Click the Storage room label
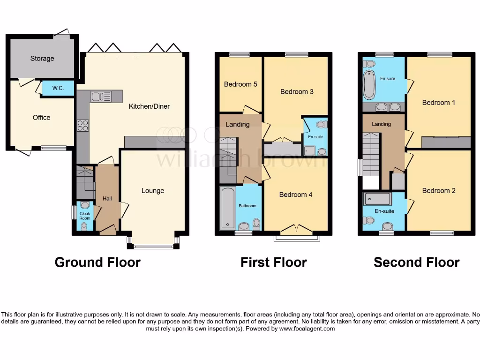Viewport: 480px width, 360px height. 42,59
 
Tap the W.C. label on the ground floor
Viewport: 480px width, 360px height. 58,88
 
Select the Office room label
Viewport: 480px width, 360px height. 41,118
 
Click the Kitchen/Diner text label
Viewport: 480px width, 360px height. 149,106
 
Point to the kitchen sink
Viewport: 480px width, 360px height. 101,97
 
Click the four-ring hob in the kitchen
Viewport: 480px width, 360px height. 83,125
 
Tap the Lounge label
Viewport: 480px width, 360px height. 153,191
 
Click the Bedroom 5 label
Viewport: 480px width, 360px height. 240,84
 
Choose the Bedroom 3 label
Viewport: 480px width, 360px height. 297,91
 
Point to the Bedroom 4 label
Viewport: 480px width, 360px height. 296,195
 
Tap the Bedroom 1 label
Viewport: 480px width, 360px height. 439,102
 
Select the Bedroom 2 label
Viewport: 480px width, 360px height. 439,191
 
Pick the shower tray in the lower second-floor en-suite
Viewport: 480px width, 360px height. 377,199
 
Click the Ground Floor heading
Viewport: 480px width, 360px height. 97,262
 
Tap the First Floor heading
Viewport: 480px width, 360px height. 274,262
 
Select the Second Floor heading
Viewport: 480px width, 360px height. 416,262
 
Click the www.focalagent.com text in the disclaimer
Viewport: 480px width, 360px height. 307,329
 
